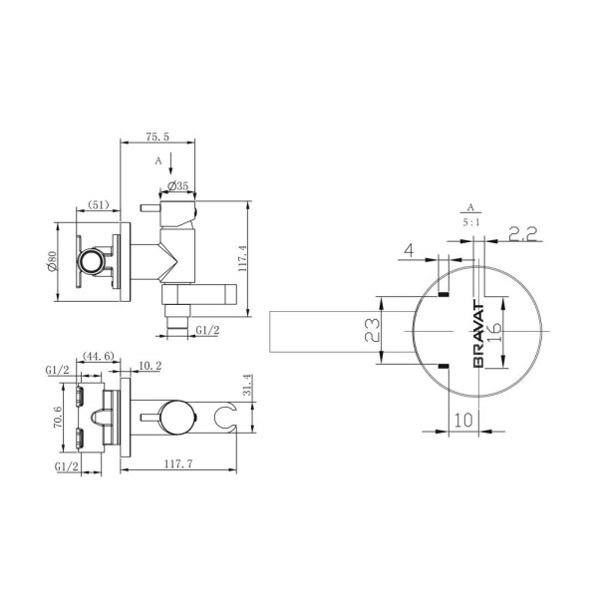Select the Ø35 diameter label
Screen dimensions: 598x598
click(179, 186)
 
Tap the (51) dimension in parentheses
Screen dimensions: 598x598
click(98, 204)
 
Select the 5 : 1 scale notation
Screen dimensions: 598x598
click(468, 225)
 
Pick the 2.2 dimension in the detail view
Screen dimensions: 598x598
click(522, 235)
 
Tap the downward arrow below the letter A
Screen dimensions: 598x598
click(170, 164)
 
